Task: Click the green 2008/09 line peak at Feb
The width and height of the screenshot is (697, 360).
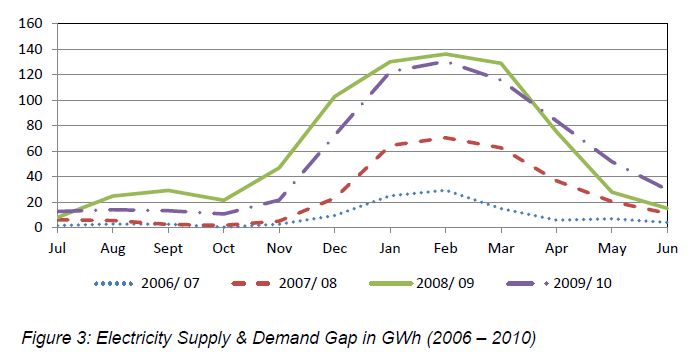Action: [446, 54]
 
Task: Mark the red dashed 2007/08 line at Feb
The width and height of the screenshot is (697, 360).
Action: [446, 137]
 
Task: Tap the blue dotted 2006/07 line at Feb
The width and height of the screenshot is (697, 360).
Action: [446, 190]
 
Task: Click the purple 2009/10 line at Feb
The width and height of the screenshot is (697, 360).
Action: [446, 62]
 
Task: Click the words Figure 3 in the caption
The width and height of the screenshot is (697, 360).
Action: [57, 331]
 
